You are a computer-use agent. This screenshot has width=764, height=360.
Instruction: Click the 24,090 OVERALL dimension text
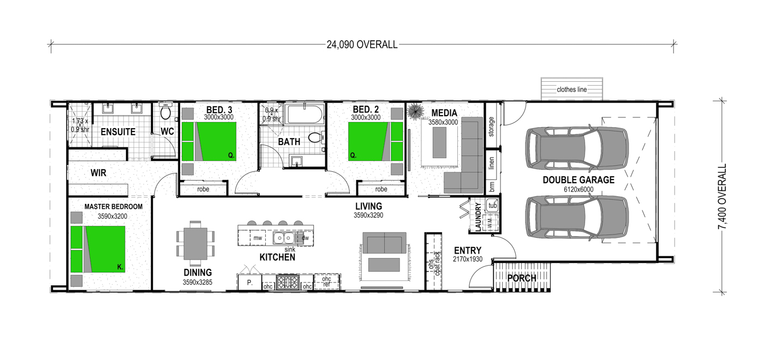362,45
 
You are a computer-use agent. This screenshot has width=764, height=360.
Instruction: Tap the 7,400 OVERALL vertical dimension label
722,197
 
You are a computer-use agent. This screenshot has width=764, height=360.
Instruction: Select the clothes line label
572,89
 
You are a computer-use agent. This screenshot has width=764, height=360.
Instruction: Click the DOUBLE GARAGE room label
578,179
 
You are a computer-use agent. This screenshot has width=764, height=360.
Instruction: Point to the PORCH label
522,278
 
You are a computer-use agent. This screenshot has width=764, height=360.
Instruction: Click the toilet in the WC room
166,111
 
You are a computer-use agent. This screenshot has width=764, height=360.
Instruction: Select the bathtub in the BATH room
305,114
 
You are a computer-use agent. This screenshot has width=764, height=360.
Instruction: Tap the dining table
195,244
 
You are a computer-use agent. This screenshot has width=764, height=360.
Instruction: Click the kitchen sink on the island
283,238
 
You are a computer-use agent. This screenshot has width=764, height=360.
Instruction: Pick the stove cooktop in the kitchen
288,282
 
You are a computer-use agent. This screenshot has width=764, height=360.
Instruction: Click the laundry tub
492,206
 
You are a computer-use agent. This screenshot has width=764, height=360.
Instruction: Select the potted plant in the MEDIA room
416,112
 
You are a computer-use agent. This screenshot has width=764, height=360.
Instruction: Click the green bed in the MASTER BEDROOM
98,249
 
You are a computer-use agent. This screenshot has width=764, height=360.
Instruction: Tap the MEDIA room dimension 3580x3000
443,122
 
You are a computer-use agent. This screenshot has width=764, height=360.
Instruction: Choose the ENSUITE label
118,132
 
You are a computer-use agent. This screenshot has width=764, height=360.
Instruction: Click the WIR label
98,173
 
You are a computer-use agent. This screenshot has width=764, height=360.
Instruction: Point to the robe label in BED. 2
381,189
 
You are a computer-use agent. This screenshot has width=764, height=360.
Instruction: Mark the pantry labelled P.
250,283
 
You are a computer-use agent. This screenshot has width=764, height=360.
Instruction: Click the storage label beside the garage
491,127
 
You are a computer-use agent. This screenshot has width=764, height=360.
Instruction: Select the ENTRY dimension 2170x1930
468,259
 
